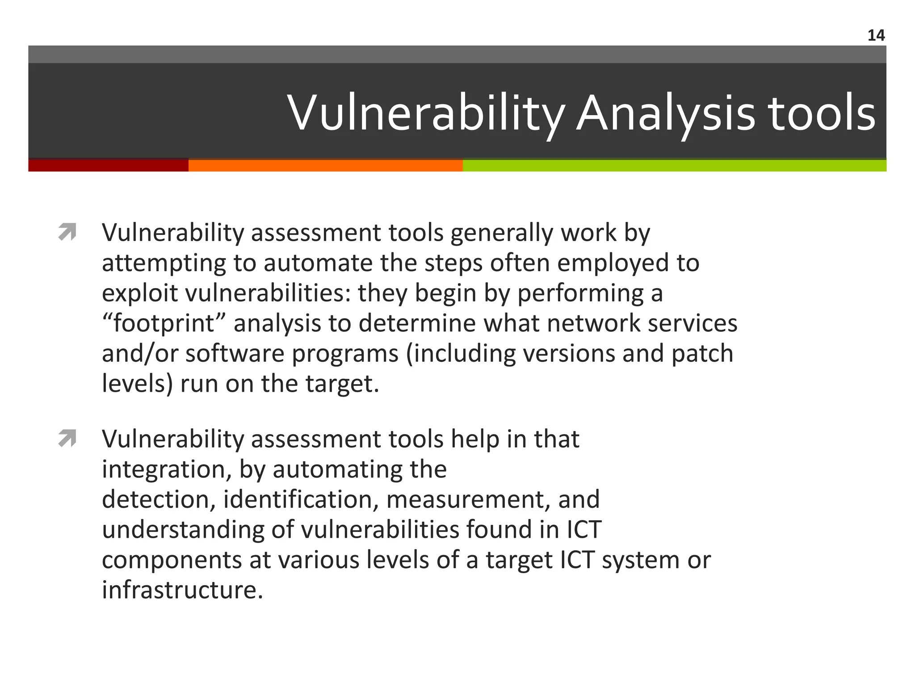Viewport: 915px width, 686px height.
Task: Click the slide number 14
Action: pos(876,35)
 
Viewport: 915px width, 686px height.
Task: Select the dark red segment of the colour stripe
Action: pos(108,165)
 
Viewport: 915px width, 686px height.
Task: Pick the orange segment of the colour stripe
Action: pos(325,165)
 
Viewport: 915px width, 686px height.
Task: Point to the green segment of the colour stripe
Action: pos(675,165)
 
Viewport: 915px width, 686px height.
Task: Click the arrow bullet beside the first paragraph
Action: pos(67,232)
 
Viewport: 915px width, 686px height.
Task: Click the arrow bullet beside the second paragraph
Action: pos(67,439)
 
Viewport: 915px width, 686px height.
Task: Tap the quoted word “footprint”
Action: pos(164,323)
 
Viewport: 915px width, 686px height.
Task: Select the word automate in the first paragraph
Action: pos(318,263)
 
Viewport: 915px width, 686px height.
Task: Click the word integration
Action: pos(167,469)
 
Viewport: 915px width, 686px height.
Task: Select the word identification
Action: pos(300,499)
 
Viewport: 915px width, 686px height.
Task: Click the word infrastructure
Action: pos(182,590)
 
